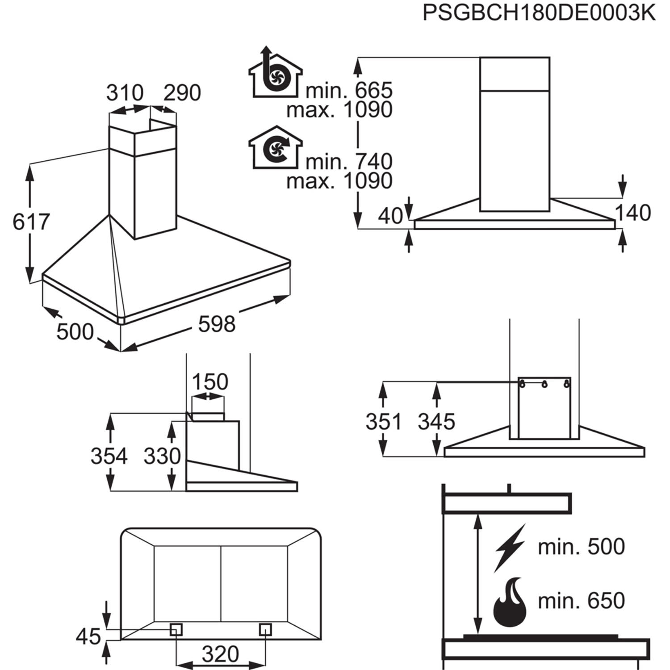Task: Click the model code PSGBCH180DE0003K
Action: point(539,14)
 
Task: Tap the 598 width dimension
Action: point(217,324)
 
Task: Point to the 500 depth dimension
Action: point(75,331)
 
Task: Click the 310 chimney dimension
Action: point(125,93)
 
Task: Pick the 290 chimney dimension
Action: point(182,93)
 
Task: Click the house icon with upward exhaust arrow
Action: point(274,74)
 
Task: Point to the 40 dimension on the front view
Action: point(390,216)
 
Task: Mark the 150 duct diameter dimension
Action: point(209,382)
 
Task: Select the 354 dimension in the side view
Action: point(109,456)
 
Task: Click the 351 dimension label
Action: point(384,422)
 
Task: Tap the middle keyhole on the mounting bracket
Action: point(544,384)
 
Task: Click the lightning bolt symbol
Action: point(510,547)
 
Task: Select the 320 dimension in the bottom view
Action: point(220,654)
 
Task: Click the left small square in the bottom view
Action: point(176,629)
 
